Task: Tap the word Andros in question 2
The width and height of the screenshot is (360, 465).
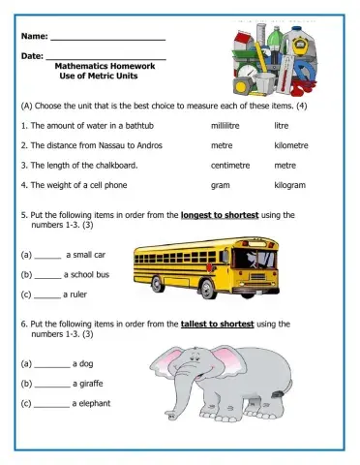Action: coord(150,145)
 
